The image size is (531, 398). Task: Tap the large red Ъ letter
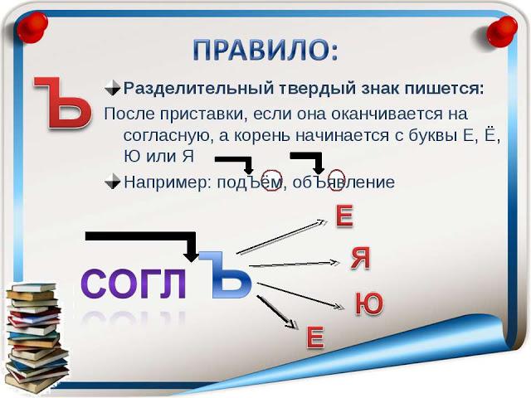tap(63, 103)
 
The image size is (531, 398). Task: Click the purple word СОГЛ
tap(134, 284)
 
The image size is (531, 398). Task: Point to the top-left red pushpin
tap(32, 27)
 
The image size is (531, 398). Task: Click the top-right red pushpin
tap(501, 32)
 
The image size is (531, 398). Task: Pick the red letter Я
tap(360, 258)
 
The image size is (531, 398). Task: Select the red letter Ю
tap(369, 303)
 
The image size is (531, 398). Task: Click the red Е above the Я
tap(344, 216)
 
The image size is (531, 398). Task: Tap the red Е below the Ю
tap(315, 337)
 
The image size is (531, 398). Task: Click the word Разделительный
tap(198, 89)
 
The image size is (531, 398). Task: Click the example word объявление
tap(343, 182)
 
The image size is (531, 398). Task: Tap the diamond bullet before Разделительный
tap(113, 89)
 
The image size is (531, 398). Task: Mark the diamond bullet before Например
tap(113, 182)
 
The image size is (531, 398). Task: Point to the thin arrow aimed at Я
tap(295, 264)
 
